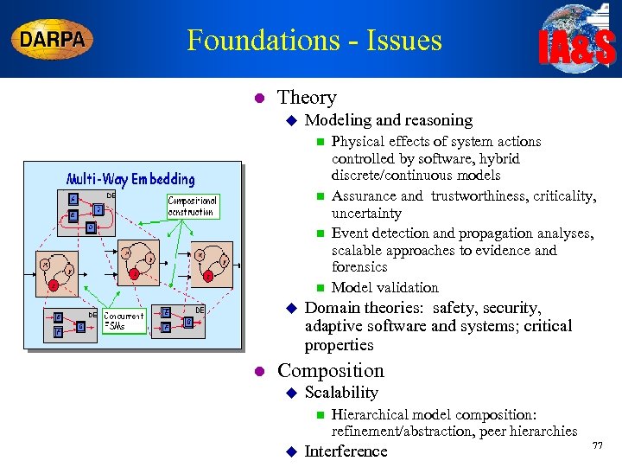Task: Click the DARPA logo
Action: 53,40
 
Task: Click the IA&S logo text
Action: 577,48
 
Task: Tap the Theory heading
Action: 307,98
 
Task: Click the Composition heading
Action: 330,370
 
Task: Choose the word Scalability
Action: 341,393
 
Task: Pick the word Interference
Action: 346,451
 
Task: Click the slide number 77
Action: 596,445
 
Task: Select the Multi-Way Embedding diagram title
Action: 131,179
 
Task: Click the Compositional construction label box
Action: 191,206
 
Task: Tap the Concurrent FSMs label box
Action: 124,321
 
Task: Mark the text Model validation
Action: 384,287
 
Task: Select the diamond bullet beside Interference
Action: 291,451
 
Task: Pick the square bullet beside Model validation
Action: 319,288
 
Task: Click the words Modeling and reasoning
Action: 389,120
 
